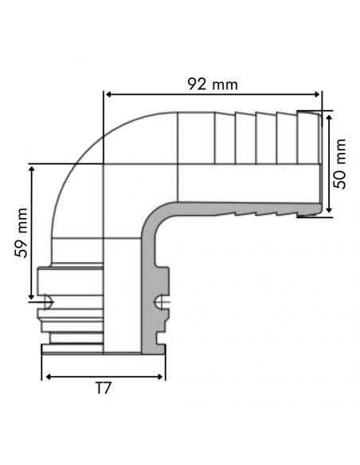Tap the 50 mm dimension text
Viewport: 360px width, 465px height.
[x=340, y=162]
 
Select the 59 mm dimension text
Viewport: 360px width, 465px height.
[x=22, y=232]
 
